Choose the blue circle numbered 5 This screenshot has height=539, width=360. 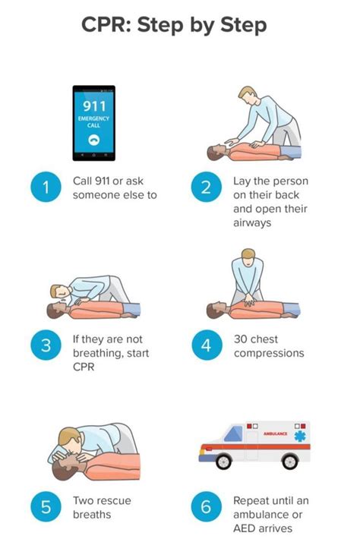46,507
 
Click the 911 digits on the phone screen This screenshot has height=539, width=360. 93,105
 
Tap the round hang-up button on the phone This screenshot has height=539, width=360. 94,140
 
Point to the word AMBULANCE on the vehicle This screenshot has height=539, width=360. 274,433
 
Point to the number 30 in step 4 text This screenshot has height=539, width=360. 242,339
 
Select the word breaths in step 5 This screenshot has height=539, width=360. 92,515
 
